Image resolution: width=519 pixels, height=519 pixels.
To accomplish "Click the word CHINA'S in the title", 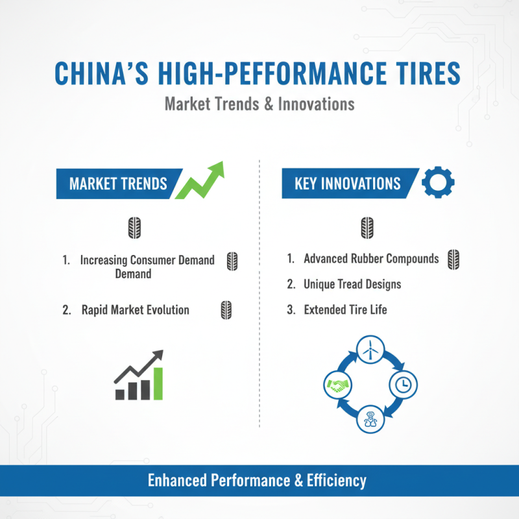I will (101, 73).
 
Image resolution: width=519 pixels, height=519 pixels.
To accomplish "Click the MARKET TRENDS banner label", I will (117, 184).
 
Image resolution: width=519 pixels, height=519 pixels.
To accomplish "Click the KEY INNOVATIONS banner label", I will (347, 184).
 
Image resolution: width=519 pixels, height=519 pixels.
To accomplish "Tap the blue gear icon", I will (438, 183).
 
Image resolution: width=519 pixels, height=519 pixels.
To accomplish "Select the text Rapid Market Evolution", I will (135, 309).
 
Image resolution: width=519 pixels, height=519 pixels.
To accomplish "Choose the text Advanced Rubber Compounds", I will (371, 259).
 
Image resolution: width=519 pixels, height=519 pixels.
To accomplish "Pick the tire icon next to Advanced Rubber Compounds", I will (453, 259).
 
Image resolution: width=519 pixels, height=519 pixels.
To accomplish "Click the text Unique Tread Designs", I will (352, 284).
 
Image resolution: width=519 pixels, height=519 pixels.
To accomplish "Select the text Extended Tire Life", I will (345, 309).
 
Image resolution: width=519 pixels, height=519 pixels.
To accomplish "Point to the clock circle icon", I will (403, 385).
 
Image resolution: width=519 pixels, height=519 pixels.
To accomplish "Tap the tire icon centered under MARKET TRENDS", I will (135, 228).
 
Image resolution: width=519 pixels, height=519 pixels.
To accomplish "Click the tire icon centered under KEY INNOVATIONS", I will (367, 228).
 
